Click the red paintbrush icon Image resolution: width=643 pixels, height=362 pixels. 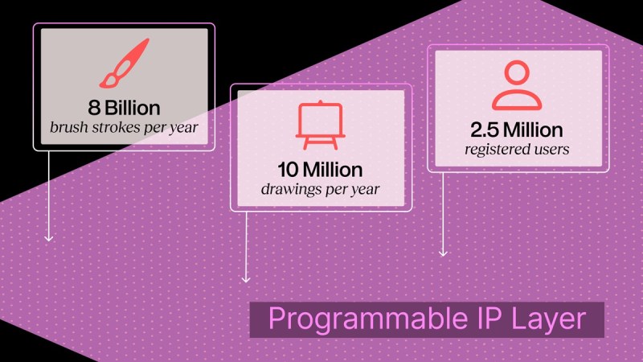[x=125, y=64]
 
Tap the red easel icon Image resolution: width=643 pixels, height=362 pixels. [x=320, y=125]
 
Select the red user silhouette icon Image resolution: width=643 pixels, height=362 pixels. [x=517, y=85]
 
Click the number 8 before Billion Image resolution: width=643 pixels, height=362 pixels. [x=94, y=108]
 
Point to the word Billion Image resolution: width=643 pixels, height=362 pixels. [x=133, y=108]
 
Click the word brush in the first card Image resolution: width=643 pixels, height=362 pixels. [x=68, y=127]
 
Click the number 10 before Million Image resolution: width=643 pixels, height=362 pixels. [x=288, y=170]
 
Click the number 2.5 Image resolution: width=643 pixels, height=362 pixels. [x=485, y=130]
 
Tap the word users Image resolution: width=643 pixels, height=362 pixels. [x=549, y=149]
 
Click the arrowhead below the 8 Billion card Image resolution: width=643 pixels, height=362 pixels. [x=49, y=238]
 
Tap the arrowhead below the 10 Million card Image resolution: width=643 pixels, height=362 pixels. [x=246, y=279]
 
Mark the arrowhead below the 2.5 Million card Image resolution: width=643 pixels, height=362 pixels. [x=443, y=253]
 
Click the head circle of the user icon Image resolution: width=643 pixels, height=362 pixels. [x=517, y=73]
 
